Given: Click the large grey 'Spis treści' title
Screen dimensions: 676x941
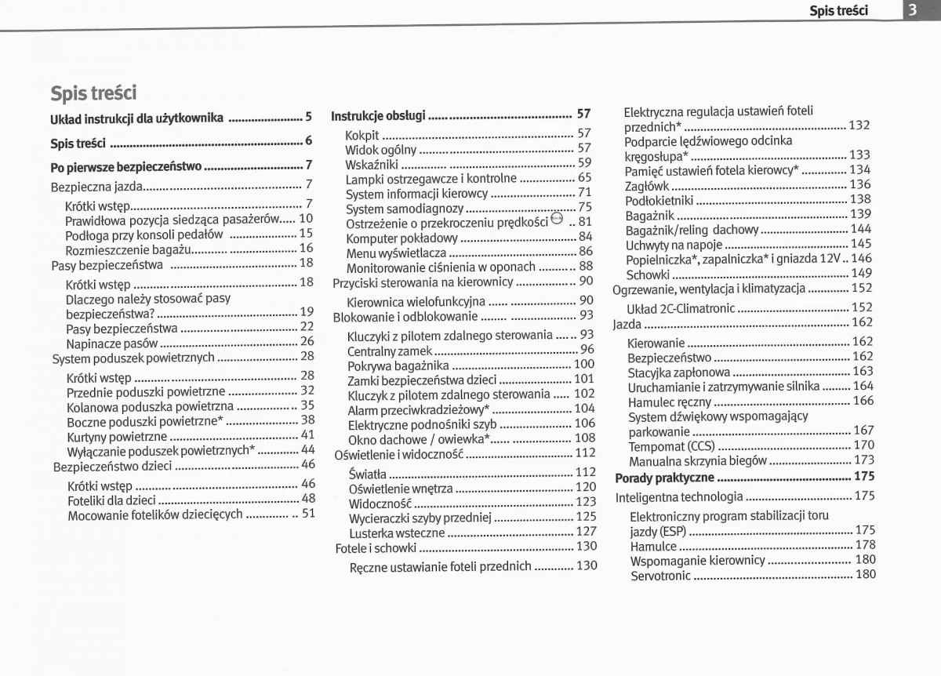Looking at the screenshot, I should (93, 93).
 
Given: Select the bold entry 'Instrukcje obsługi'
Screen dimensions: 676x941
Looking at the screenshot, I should (378, 115).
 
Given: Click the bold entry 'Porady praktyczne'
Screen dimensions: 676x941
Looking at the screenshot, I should (664, 477).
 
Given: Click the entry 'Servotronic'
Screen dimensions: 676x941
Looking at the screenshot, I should (660, 576).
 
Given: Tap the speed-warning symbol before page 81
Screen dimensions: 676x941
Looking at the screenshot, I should (557, 220).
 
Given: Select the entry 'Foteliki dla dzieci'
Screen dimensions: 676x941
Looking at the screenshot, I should (111, 499).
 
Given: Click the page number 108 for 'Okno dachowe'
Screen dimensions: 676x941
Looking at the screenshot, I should (584, 438).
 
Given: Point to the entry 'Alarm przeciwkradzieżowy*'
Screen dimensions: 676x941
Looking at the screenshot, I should (419, 409).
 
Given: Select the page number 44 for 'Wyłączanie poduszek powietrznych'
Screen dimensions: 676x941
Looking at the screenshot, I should (307, 449).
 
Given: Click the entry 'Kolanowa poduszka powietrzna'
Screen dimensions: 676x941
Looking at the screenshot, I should (150, 406).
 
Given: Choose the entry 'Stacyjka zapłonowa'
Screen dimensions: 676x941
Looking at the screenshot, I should (678, 372).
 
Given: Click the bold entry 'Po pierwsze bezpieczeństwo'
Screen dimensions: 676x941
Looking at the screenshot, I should (126, 166).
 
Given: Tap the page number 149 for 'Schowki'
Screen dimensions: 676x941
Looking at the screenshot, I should (861, 273).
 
